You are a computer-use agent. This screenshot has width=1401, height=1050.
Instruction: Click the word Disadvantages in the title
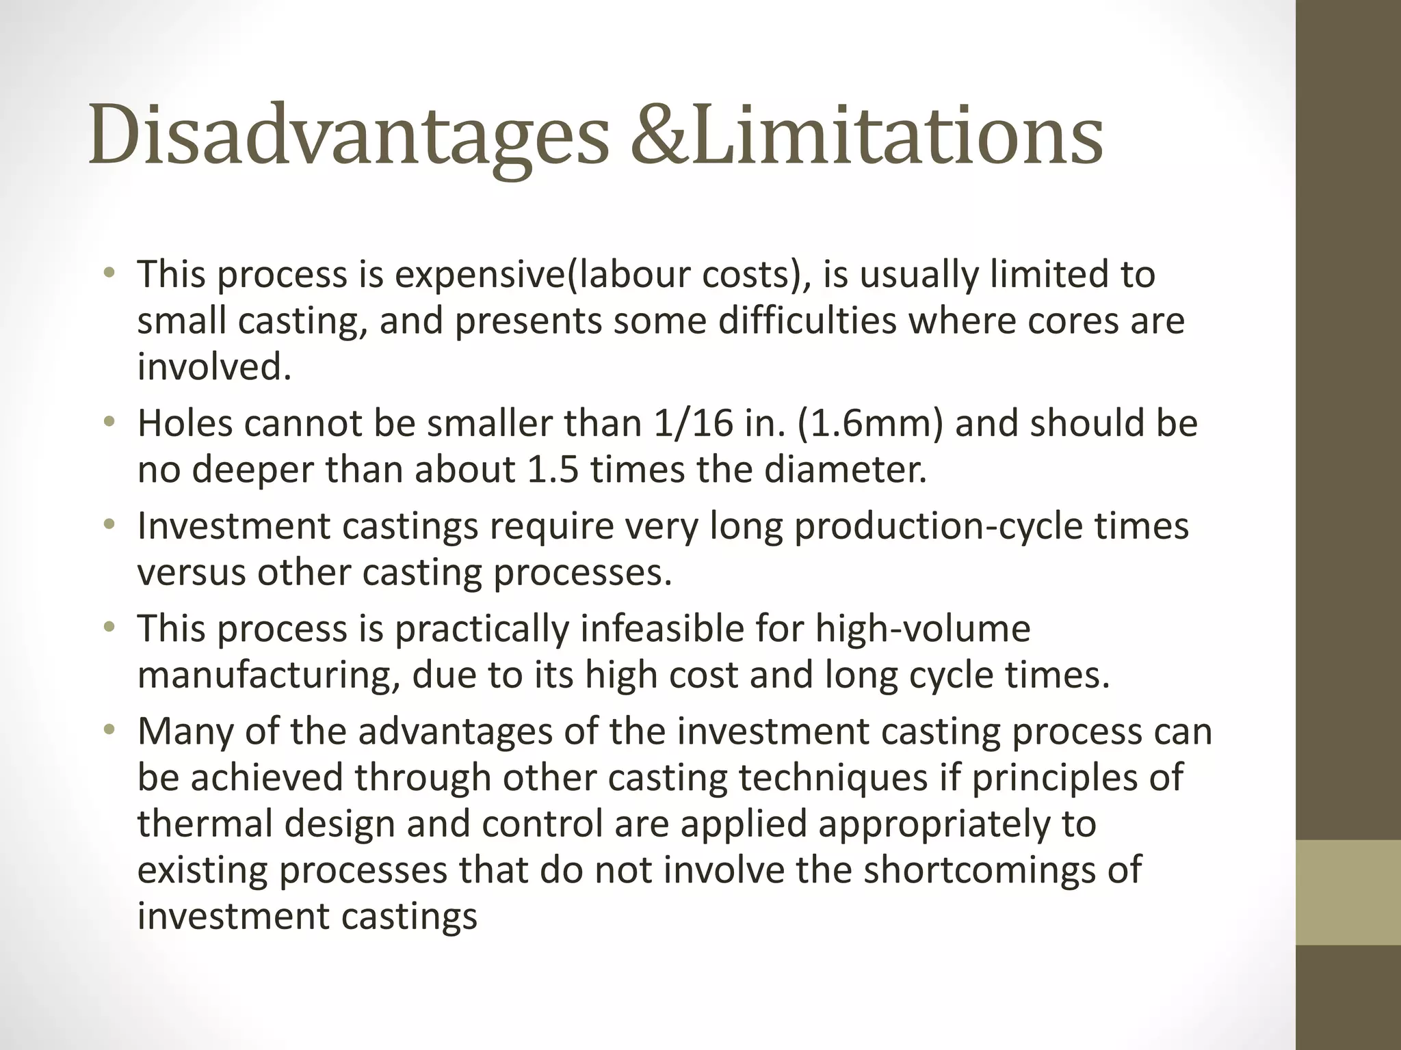pyautogui.click(x=348, y=134)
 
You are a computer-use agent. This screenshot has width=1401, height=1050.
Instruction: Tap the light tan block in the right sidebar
pyautogui.click(x=1348, y=892)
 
